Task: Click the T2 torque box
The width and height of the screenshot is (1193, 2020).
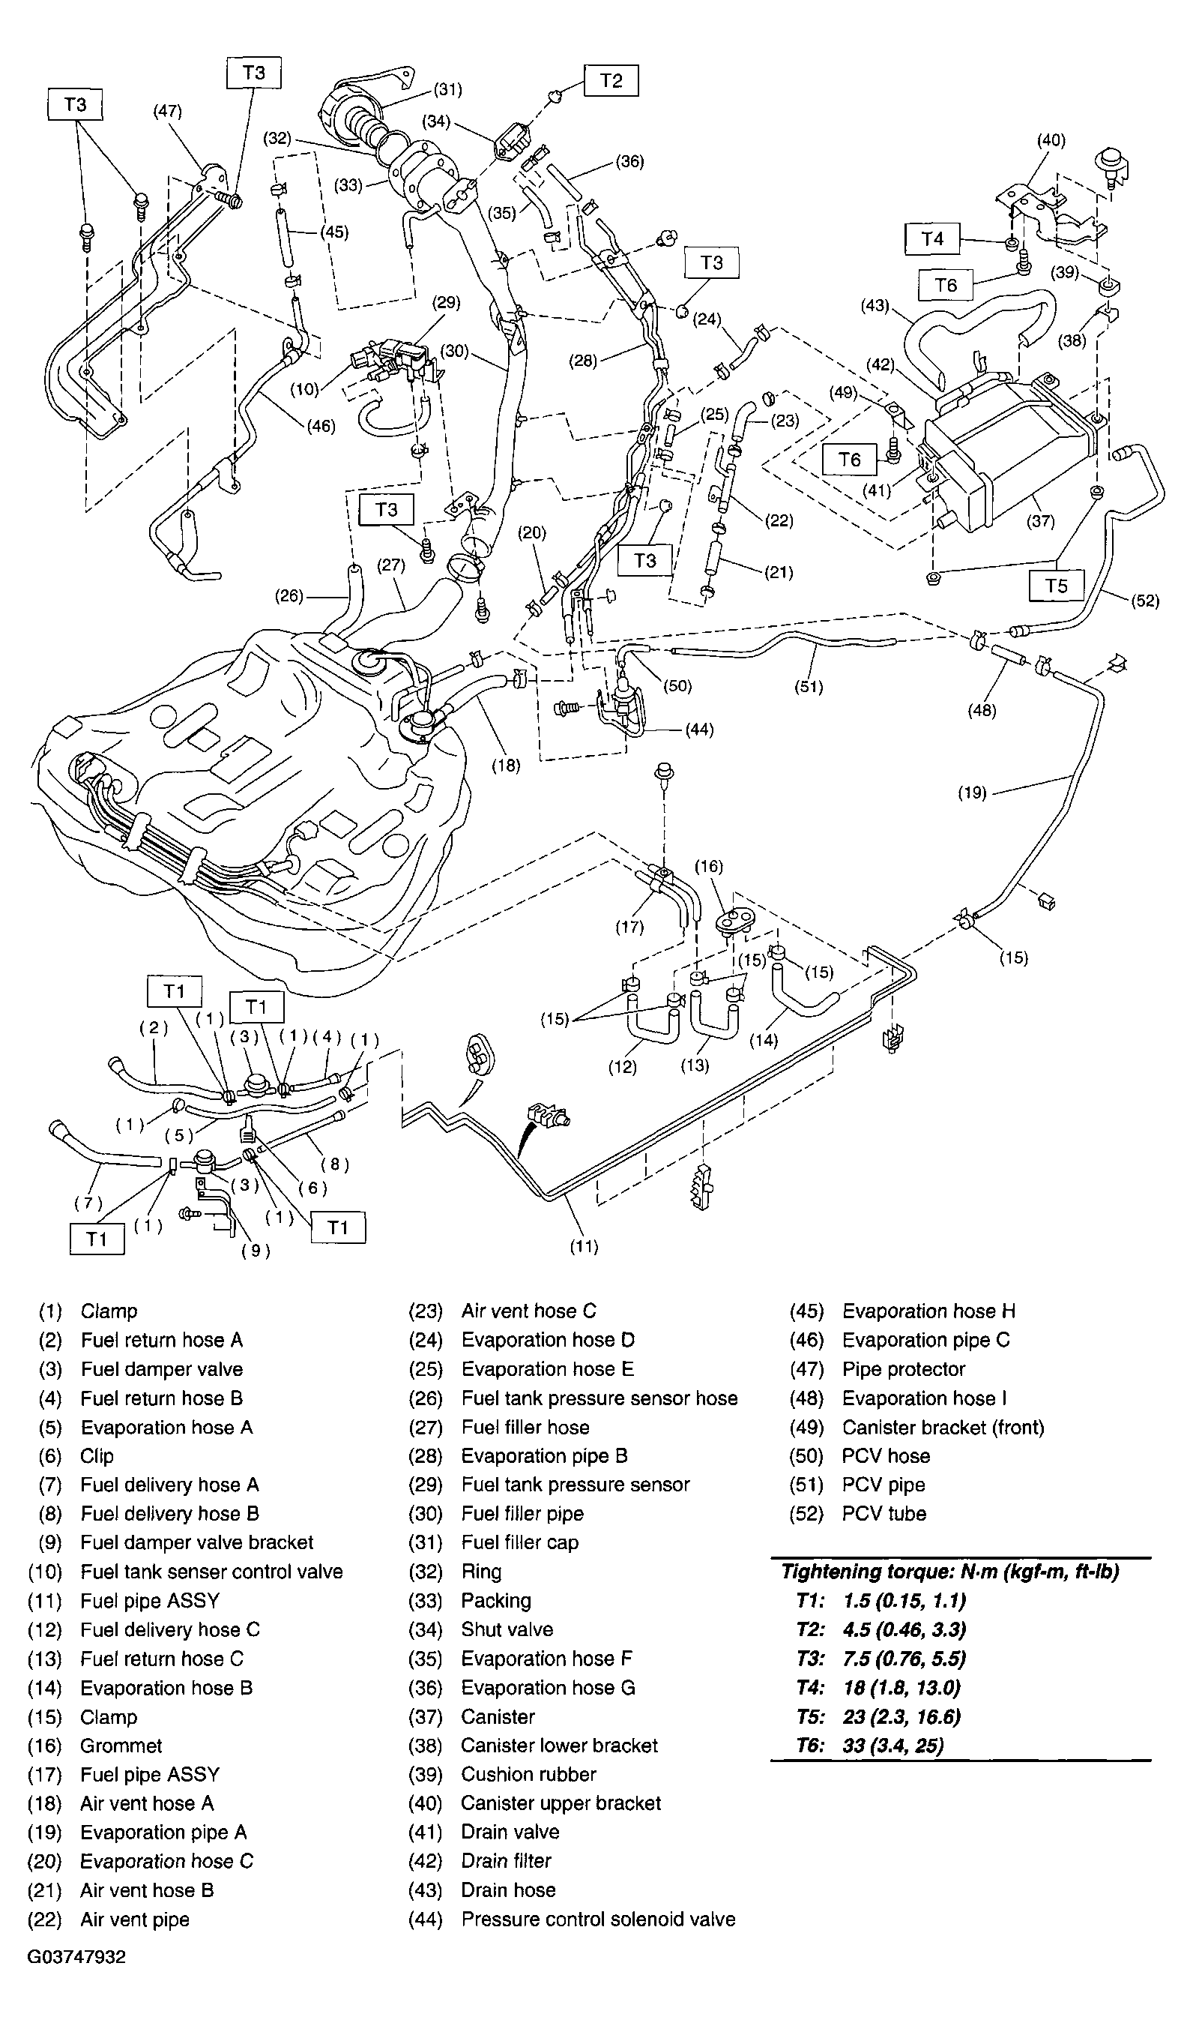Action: [611, 80]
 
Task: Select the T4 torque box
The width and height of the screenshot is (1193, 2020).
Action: [931, 239]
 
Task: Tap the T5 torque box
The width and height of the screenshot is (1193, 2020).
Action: [1057, 586]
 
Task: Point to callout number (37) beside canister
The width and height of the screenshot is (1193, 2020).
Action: [1040, 521]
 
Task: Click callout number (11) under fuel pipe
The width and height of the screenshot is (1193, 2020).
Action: [584, 1246]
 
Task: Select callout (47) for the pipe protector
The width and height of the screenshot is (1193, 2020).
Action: [167, 112]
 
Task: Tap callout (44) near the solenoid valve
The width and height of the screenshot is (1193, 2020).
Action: [699, 730]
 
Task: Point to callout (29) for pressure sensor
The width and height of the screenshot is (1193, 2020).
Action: [446, 302]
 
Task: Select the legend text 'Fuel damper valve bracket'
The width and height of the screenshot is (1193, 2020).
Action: [197, 1542]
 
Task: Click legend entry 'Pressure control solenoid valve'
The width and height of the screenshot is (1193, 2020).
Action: [598, 1920]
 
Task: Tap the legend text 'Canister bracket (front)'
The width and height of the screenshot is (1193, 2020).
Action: [943, 1428]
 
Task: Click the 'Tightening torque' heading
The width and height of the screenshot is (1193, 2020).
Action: [950, 1572]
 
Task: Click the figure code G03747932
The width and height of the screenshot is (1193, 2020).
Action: [76, 1957]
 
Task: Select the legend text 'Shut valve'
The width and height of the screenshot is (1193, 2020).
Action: [507, 1630]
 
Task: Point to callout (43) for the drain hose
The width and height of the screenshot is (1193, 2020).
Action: [875, 306]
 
